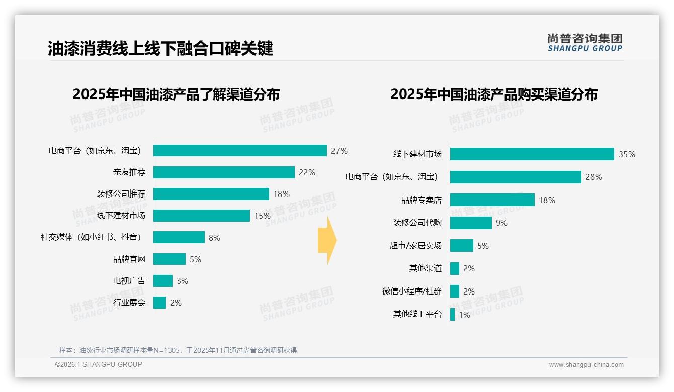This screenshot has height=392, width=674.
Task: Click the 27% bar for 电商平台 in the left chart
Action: coord(240,151)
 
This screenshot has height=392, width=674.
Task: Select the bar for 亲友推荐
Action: coord(224,172)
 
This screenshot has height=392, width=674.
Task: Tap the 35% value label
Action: coord(627,154)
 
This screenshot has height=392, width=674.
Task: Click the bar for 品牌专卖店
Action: coord(492,200)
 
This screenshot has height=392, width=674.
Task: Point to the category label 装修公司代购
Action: coord(417,223)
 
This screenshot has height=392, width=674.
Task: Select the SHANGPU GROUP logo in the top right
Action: coord(584,42)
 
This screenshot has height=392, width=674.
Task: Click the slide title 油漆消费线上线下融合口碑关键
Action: coord(160,48)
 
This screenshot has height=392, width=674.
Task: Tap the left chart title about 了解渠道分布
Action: coord(176,94)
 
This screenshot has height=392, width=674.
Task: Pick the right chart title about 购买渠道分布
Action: coord(493,94)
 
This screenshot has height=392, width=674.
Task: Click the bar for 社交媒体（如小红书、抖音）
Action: coord(179,237)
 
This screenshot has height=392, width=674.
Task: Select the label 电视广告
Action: coord(129,281)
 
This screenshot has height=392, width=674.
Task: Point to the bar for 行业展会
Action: coord(159,303)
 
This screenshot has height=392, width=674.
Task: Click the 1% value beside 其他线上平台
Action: coord(464,315)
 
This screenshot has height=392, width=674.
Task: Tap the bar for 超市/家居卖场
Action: coord(461,246)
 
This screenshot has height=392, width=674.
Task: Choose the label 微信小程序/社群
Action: coord(411,291)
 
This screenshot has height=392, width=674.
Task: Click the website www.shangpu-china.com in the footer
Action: coord(586,365)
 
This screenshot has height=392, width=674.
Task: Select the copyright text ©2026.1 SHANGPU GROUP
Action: coord(99,364)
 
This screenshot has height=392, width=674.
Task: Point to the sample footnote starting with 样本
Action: coord(178,350)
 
